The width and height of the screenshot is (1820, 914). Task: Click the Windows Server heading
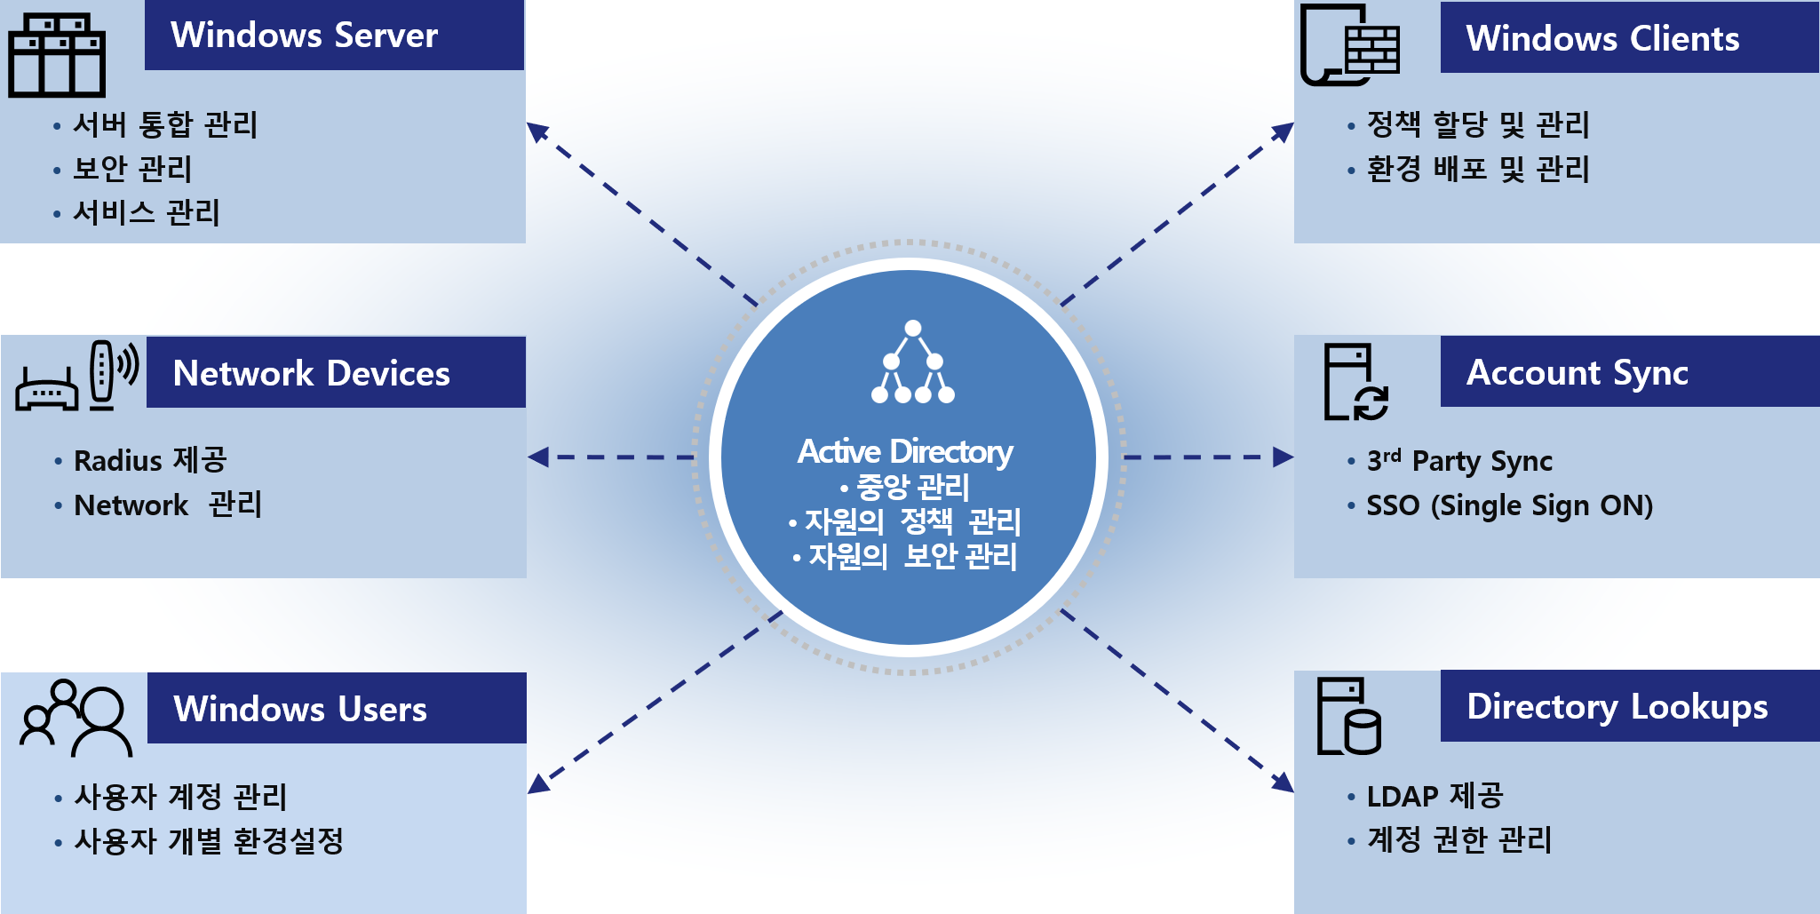pos(304,36)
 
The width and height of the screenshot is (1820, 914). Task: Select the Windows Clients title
pos(1602,38)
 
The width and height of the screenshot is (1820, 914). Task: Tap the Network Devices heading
pos(311,373)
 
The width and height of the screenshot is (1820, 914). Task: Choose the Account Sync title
pos(1577,372)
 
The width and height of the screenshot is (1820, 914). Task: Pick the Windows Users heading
pos(300,709)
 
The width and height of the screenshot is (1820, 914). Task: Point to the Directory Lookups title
pos(1617,706)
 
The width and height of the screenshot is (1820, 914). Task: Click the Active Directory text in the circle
pos(905,451)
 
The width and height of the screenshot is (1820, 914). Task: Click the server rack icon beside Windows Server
pos(57,55)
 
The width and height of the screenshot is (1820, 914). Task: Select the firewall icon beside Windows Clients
pos(1349,45)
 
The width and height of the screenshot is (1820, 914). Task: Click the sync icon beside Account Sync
pos(1355,382)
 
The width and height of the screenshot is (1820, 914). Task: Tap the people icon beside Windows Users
pos(76,718)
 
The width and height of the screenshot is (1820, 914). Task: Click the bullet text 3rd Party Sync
pos(1459,461)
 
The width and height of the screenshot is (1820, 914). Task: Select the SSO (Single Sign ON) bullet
pos(1509,505)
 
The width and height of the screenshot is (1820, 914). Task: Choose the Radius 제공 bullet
pos(150,460)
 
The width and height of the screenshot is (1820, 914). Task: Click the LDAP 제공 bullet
pos(1435,796)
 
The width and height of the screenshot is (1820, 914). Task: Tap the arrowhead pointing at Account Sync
pos(1284,457)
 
